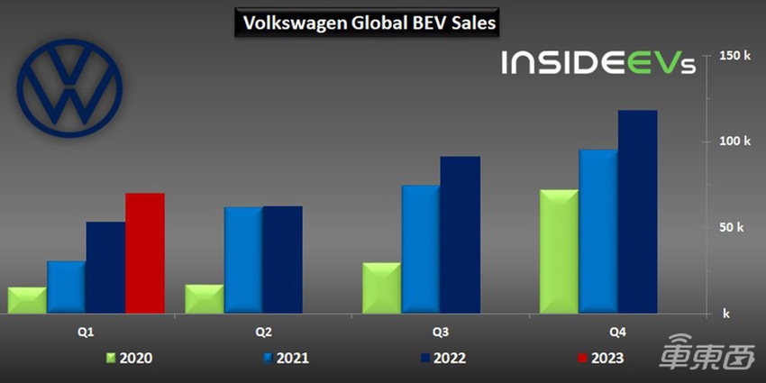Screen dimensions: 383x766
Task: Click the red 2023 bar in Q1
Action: tap(145, 253)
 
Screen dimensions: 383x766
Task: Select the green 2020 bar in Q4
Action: tap(559, 251)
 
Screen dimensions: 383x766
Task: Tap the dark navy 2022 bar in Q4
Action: tap(637, 212)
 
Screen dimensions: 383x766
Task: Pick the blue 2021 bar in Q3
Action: tap(421, 249)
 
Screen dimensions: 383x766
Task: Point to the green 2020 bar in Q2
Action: tap(205, 299)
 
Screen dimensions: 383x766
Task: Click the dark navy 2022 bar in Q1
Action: tap(106, 268)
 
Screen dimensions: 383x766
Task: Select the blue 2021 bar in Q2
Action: tap(243, 260)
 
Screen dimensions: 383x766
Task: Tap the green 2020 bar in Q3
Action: tap(382, 287)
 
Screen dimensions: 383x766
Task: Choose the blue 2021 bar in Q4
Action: tap(598, 232)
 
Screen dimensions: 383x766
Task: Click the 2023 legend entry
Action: tap(599, 359)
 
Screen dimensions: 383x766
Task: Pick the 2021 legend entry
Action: tap(286, 359)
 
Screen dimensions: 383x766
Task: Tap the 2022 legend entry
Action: tap(443, 359)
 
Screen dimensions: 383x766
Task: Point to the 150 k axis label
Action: tap(734, 56)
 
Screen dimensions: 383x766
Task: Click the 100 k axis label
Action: tap(734, 141)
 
